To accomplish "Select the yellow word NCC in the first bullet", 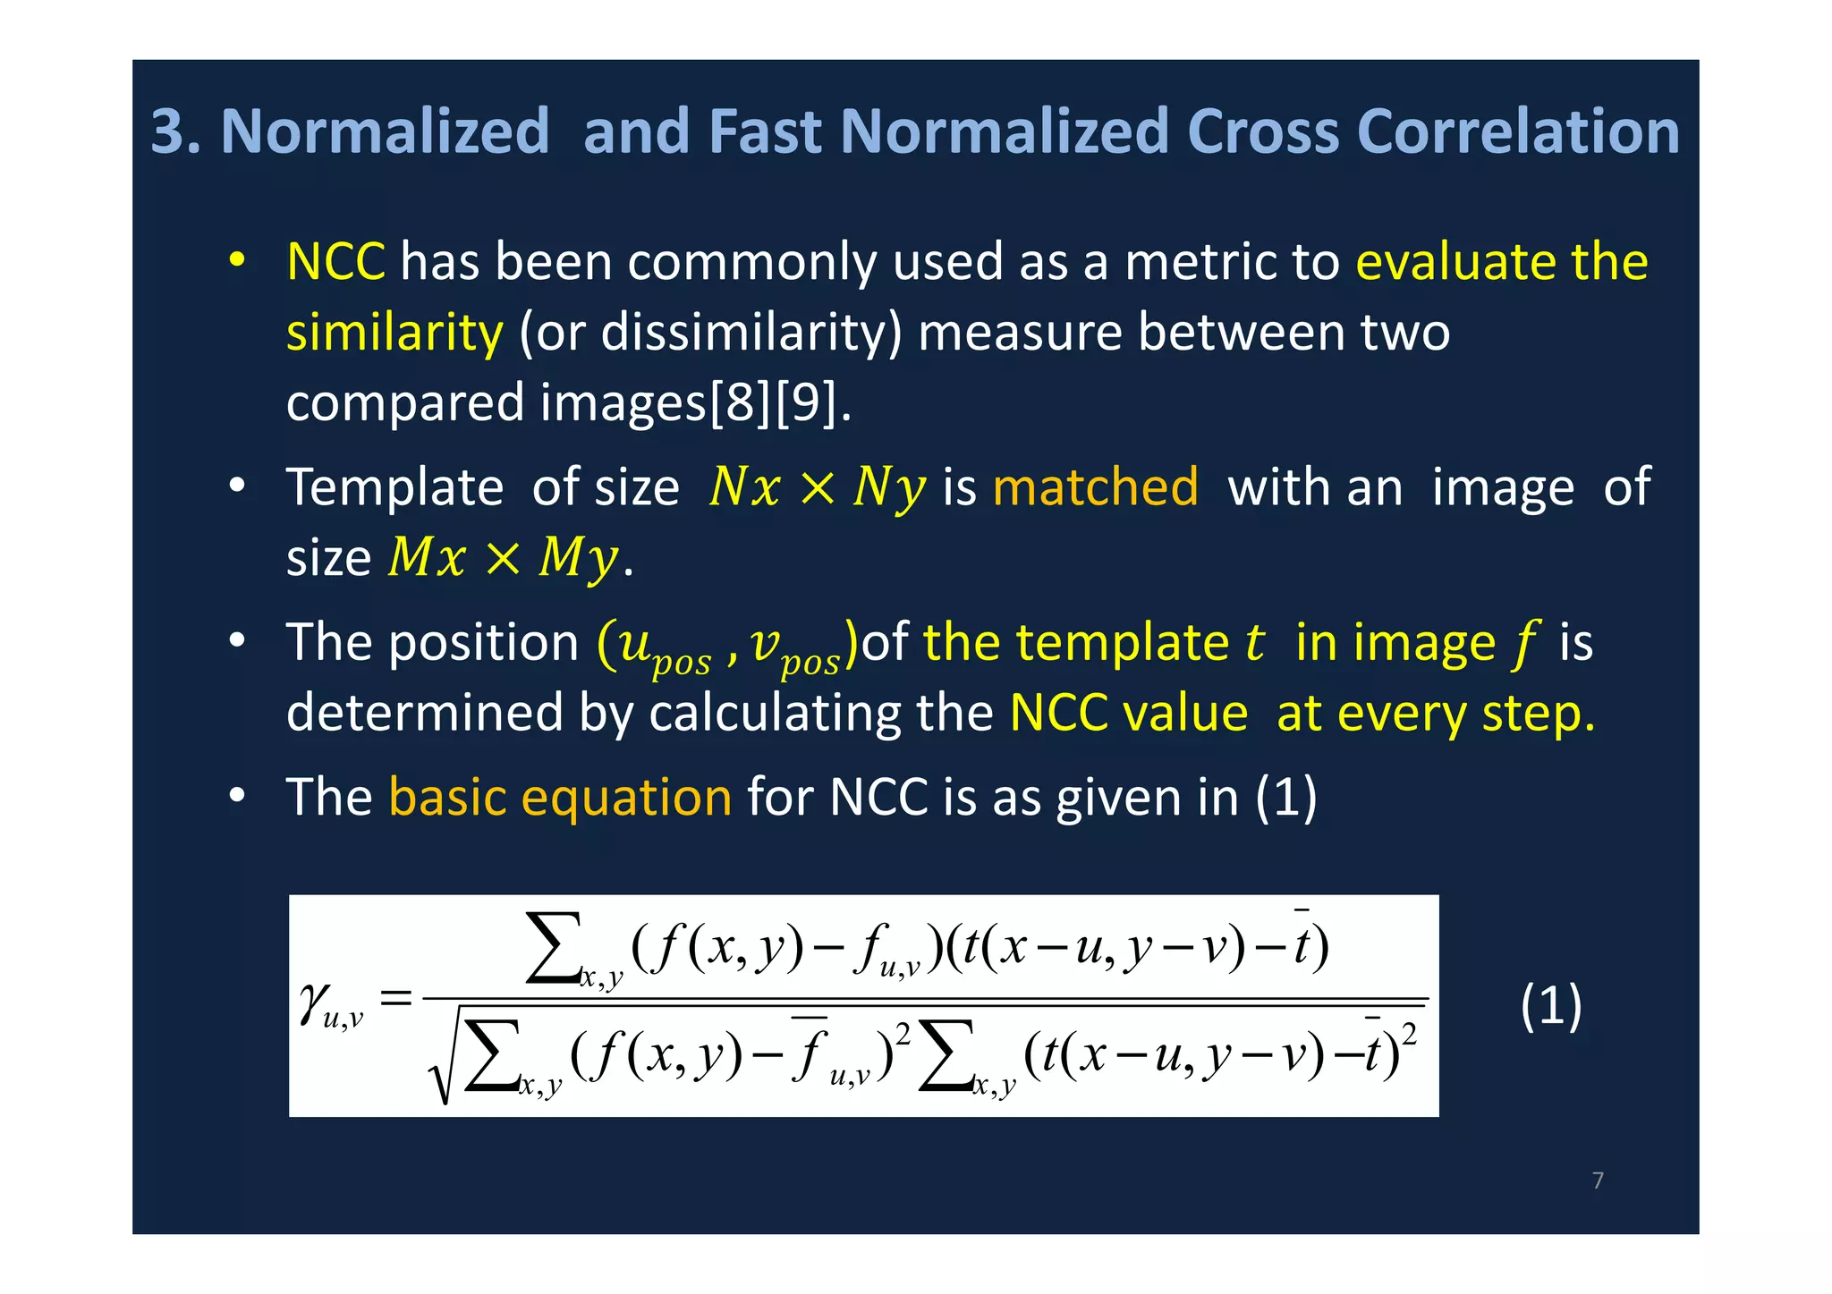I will [335, 262].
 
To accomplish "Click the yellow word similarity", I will [394, 333].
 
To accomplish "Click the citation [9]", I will [808, 402].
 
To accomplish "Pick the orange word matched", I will [1095, 487].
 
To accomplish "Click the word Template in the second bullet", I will [394, 488].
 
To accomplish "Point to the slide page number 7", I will [1598, 1180].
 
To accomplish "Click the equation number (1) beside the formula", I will [1551, 1005].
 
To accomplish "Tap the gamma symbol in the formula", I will [315, 1001].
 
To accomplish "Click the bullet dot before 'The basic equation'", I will [236, 796].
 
